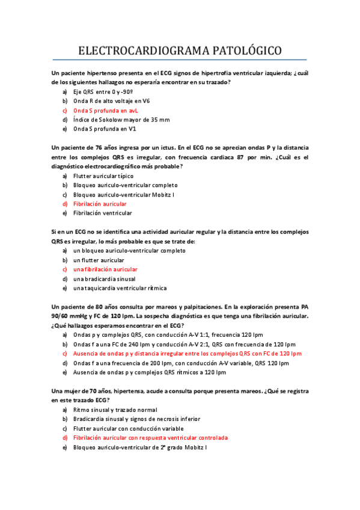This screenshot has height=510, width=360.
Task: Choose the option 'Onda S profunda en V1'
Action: coord(105,129)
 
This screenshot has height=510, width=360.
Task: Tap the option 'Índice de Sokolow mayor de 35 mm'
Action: coord(121,120)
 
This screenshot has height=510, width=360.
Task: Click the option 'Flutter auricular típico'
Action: coord(103,176)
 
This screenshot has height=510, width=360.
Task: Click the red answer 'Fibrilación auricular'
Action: coord(100,204)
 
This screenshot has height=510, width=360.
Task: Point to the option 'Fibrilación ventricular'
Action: coord(102,213)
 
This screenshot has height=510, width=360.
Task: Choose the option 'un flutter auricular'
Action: coord(99,260)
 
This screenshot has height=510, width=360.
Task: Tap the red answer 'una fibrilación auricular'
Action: coord(105,269)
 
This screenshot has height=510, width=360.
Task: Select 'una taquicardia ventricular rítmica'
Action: coord(120,288)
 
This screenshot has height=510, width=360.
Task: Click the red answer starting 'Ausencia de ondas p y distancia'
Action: coord(187,354)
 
